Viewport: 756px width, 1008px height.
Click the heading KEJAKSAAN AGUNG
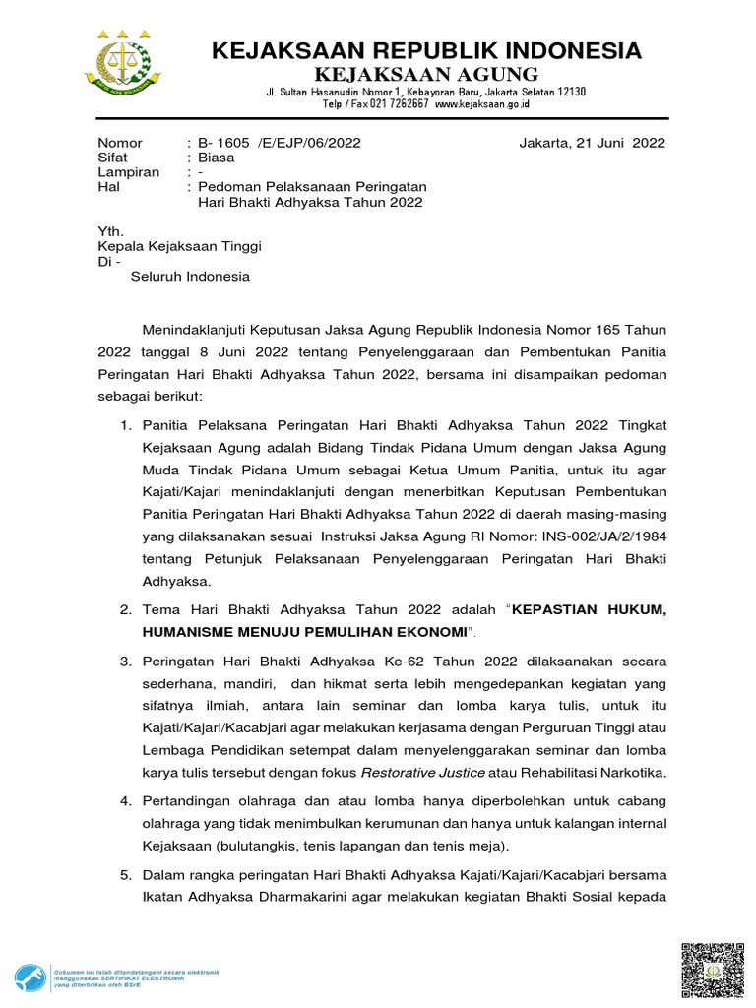tap(425, 75)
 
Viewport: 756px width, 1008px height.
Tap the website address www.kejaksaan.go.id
tap(482, 103)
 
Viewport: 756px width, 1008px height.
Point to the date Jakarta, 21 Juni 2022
tap(592, 143)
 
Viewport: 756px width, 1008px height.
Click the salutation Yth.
tap(109, 231)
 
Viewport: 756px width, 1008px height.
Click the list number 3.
tap(125, 659)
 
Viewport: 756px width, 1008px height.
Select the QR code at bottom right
tap(713, 971)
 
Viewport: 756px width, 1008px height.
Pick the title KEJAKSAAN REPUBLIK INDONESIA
tap(425, 50)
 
